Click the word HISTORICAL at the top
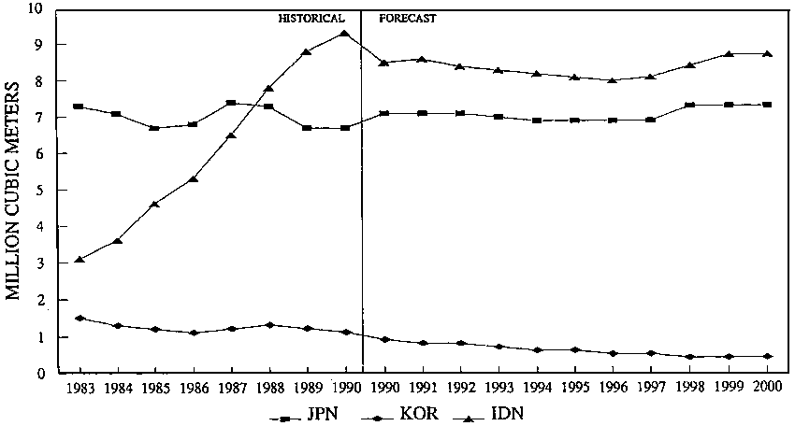(x=311, y=18)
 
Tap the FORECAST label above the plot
(x=407, y=18)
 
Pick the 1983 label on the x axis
(x=80, y=388)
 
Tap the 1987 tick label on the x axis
(x=231, y=388)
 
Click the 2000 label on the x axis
(x=767, y=388)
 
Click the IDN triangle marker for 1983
(x=80, y=260)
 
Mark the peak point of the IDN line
(x=345, y=34)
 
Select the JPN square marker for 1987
(x=231, y=103)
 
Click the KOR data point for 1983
(x=80, y=318)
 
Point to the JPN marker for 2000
(x=767, y=105)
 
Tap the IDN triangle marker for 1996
(x=614, y=80)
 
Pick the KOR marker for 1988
(x=269, y=325)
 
